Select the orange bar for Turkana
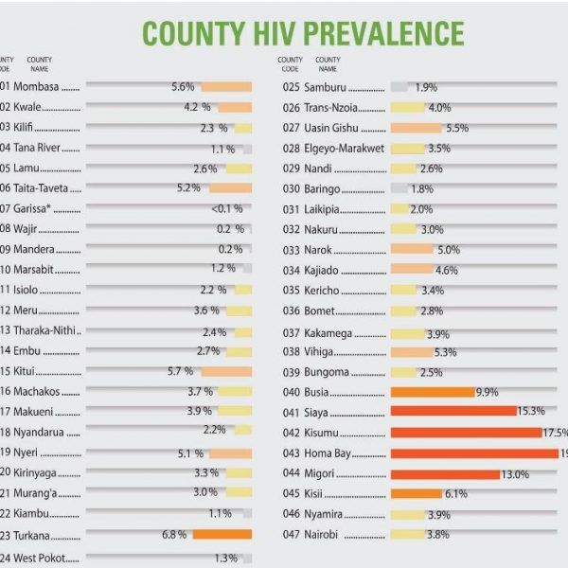[222, 534]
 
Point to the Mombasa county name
[36, 87]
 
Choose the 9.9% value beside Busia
[488, 392]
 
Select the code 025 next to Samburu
[292, 87]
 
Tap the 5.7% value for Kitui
[180, 371]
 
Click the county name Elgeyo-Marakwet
[345, 148]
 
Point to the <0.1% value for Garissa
[227, 208]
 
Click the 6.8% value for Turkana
[174, 534]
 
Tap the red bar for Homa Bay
[473, 453]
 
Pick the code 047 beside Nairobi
[292, 534]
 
